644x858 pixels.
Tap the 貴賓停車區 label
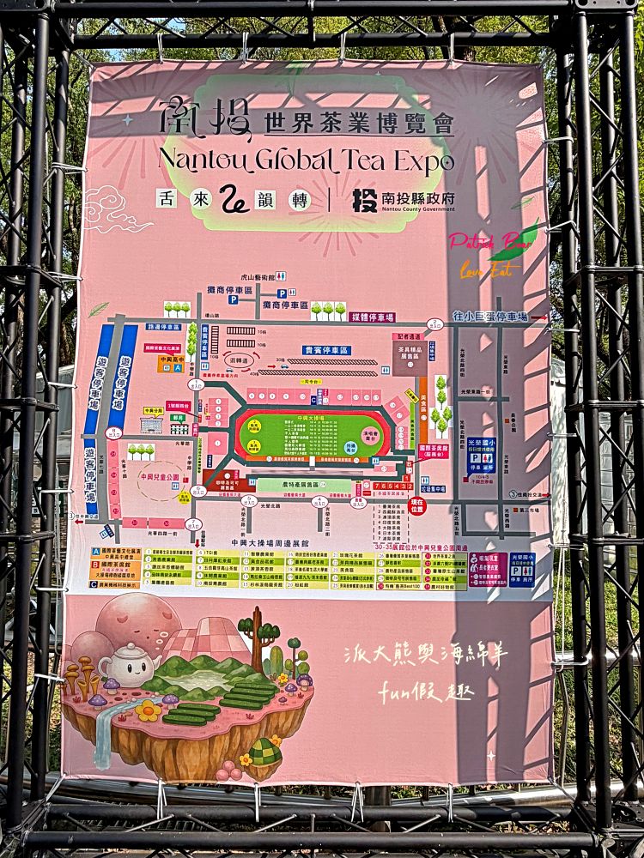(326, 350)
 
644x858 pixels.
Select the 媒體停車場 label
(372, 317)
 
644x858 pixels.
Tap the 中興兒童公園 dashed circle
(160, 481)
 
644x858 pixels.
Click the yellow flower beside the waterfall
(148, 710)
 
